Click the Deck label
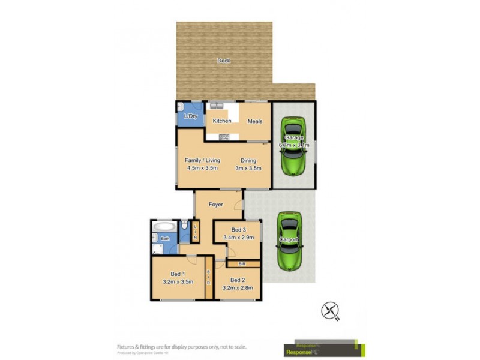223,61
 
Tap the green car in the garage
293,146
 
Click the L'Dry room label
191,116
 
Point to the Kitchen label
222,121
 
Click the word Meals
255,121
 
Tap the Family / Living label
202,160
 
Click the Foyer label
216,205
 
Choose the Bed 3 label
238,230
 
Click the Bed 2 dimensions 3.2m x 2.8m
238,288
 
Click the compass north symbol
330,311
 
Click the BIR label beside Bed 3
242,263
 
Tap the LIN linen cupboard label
195,231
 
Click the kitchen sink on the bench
217,106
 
